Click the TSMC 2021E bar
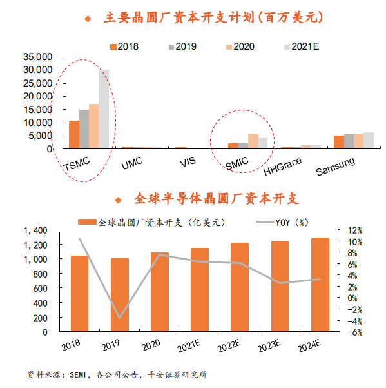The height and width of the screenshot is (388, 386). pos(104,109)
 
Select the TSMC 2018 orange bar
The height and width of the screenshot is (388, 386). pos(74,135)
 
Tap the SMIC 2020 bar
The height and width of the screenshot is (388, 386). pos(253,141)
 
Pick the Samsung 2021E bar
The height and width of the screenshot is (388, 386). pos(369,140)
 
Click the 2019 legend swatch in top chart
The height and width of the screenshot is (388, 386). pos(171,47)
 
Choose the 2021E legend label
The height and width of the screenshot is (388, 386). pos(305,46)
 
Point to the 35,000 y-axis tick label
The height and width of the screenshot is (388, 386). pos(38,57)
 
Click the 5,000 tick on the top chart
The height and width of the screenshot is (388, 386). pos(40,136)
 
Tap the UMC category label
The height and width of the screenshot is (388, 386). pos(132,163)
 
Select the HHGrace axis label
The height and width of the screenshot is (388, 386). pos(282,167)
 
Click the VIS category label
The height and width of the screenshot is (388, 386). pos(188,162)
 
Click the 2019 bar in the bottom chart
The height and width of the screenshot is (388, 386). pos(120,294)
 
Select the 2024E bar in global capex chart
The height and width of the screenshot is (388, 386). pos(320,284)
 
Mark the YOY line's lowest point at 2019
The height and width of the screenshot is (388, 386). pos(120,318)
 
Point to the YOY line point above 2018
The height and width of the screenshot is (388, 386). pos(79,238)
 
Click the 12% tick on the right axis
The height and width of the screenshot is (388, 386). pos(355,230)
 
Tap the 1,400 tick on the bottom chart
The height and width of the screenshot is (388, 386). pos(35,230)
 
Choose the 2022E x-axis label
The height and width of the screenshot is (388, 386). pos(229,345)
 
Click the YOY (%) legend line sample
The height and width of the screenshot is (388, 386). pos(265,221)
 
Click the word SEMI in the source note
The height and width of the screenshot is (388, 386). pos(77,374)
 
